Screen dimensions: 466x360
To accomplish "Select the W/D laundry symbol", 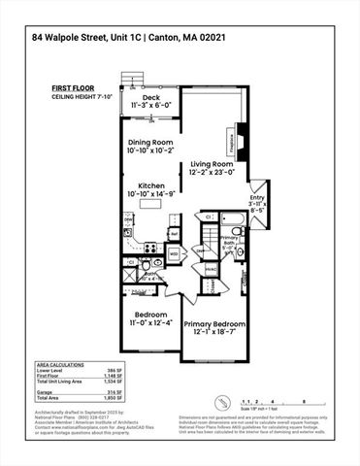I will (174, 253).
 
